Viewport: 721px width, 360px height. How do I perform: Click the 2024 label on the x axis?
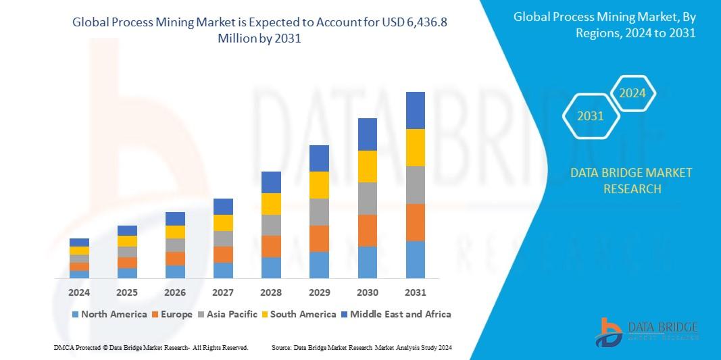click(x=79, y=292)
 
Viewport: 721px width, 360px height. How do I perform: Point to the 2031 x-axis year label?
click(x=415, y=292)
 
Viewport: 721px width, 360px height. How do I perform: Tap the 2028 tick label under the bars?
click(x=271, y=292)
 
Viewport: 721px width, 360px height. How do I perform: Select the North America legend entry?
click(x=109, y=314)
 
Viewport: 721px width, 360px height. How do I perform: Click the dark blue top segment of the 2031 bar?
click(x=415, y=110)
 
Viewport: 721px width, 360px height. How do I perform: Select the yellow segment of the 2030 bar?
click(x=367, y=166)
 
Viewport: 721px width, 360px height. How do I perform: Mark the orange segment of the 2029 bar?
click(x=319, y=238)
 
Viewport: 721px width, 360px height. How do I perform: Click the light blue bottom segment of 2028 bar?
click(x=271, y=267)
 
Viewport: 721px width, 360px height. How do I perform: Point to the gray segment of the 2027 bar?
click(x=223, y=238)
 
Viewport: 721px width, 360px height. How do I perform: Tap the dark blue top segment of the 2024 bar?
click(x=79, y=242)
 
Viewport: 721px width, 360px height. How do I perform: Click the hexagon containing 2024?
click(x=632, y=93)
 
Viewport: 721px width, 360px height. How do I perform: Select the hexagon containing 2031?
click(x=591, y=116)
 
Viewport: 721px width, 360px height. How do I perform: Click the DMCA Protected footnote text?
click(x=151, y=347)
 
